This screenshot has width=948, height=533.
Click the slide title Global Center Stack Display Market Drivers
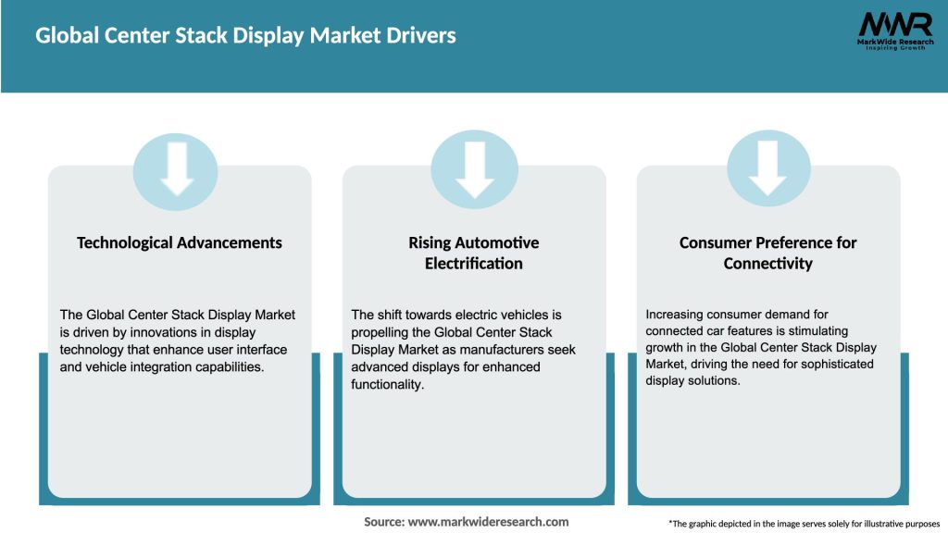coord(245,36)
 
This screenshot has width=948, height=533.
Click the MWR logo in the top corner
coord(894,25)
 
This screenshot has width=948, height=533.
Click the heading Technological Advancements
coord(179,242)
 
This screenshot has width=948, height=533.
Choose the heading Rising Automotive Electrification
coord(474,253)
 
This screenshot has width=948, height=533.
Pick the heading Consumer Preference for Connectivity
coord(767,253)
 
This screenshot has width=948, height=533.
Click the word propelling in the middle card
coord(384,332)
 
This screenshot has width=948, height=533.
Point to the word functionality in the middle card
coord(386,385)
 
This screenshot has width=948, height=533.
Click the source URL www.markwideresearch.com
coord(488,522)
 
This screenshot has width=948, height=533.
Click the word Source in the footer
coord(383,522)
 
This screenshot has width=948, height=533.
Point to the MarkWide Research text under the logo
coord(894,43)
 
